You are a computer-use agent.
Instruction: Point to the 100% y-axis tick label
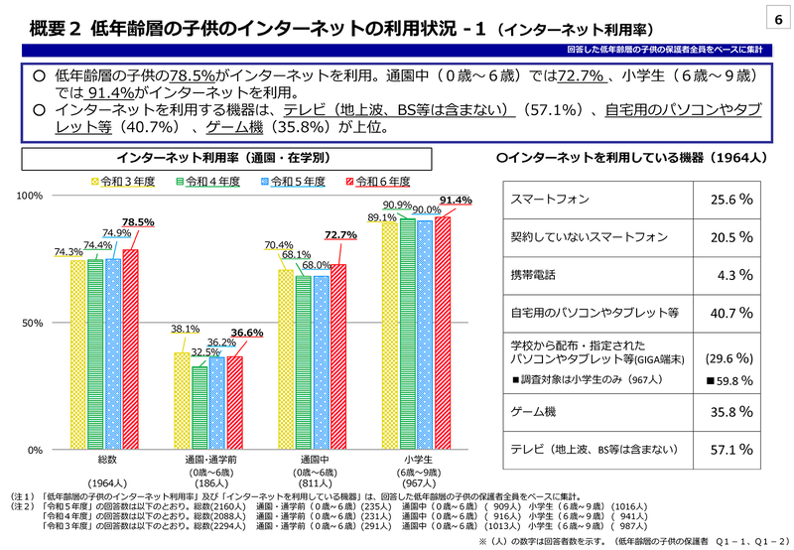[30, 197]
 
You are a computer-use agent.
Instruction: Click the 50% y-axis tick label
[32, 324]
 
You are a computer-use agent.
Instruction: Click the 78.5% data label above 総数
[138, 223]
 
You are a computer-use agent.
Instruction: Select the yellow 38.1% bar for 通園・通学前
[183, 401]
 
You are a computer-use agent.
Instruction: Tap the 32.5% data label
[205, 352]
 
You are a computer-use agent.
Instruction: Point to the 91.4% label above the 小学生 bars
[456, 201]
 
